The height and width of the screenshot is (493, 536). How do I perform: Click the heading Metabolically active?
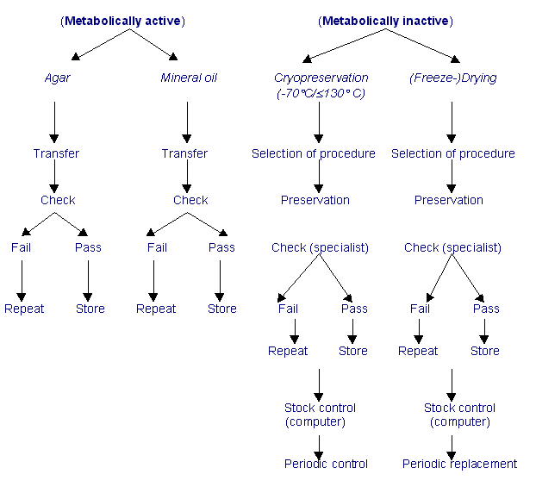(x=123, y=21)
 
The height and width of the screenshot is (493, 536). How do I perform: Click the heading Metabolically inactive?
(x=385, y=21)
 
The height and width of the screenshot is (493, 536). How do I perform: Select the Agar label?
(x=57, y=78)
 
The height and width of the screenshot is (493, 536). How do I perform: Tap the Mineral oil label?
(x=189, y=78)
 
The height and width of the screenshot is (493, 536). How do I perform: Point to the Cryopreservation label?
(x=321, y=78)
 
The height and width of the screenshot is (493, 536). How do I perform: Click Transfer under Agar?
(x=56, y=153)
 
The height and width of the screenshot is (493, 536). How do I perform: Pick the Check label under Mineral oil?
(x=190, y=200)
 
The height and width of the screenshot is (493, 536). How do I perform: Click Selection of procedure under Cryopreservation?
(x=314, y=153)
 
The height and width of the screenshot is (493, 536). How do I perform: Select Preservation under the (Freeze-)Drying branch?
(x=449, y=200)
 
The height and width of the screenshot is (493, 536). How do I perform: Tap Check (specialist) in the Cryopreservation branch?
(x=320, y=247)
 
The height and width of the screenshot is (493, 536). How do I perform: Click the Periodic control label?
(x=326, y=464)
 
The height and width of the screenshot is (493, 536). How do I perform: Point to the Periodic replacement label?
(x=459, y=464)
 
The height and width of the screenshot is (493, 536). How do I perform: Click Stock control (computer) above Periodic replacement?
(x=459, y=415)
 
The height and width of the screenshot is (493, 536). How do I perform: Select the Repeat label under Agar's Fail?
(x=24, y=309)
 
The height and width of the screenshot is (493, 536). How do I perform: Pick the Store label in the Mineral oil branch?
(x=222, y=309)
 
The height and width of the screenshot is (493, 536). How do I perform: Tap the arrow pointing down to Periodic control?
(x=319, y=446)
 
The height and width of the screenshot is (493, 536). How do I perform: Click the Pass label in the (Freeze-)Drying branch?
(x=486, y=309)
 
